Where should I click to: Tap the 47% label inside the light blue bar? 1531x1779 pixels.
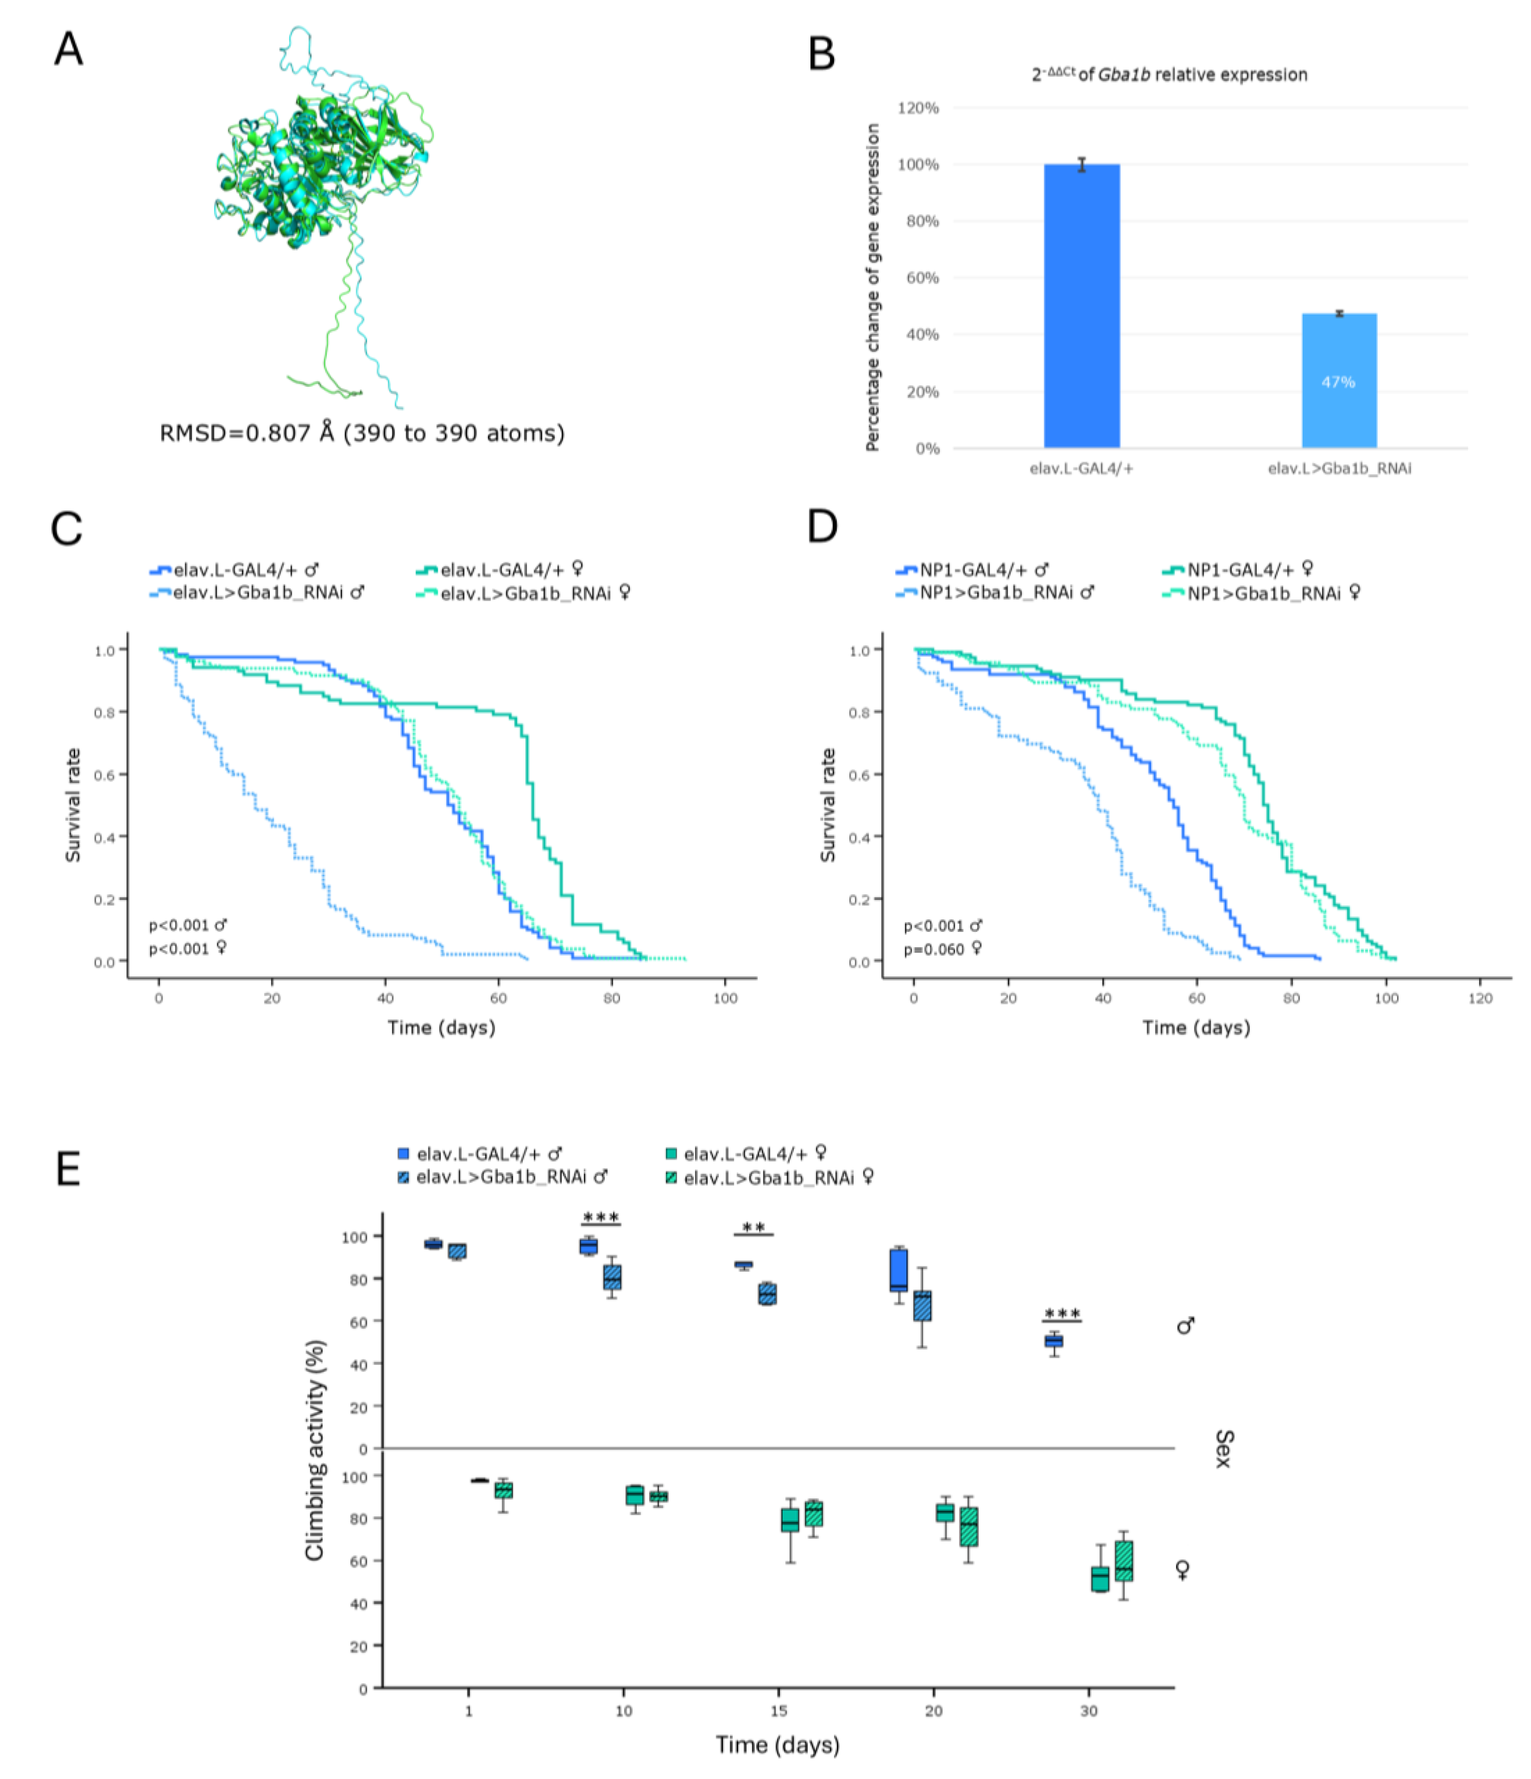[1338, 382]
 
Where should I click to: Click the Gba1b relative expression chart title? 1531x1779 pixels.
[1169, 75]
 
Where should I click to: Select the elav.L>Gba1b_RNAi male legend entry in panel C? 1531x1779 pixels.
[257, 592]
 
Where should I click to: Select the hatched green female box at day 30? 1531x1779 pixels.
[1123, 1560]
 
